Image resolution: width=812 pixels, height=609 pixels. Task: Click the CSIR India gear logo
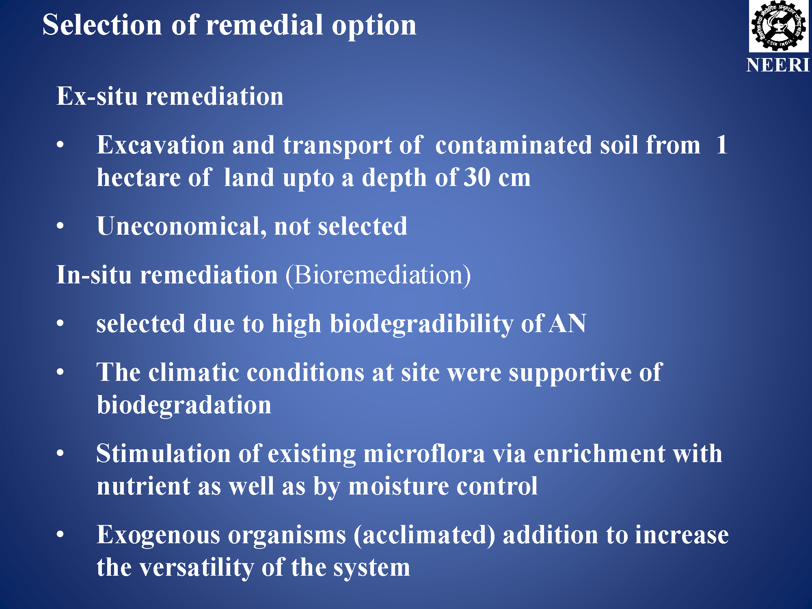pos(778,26)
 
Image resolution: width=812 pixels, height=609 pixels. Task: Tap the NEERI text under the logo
pos(778,65)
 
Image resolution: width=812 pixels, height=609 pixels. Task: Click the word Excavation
pos(160,145)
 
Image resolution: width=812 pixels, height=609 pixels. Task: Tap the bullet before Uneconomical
pos(60,226)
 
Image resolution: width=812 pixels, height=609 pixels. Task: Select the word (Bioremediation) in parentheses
pos(378,275)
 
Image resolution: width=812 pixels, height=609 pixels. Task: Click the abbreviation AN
pos(567,324)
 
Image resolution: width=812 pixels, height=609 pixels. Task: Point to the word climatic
pos(194,372)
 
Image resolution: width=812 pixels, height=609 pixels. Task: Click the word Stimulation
pos(164,454)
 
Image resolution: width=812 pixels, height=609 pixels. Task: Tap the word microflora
pos(424,454)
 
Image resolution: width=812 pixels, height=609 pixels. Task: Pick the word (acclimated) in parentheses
pos(424,536)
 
